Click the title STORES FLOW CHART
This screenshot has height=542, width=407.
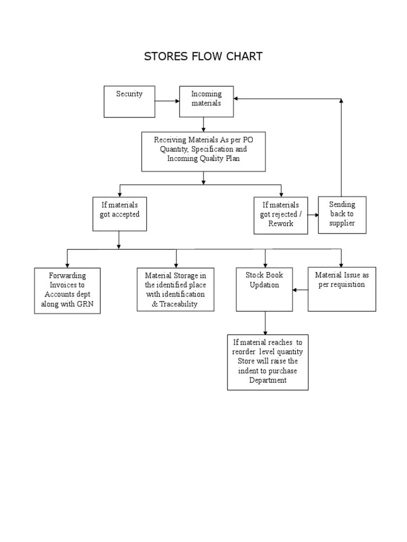[203, 57]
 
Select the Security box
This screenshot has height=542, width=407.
[129, 101]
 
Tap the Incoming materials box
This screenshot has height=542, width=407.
[206, 101]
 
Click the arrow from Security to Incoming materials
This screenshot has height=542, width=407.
[167, 101]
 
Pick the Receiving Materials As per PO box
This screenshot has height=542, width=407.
[203, 151]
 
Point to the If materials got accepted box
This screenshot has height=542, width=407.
[119, 213]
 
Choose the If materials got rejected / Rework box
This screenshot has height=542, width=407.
[280, 215]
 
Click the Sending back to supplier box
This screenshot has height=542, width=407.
[342, 214]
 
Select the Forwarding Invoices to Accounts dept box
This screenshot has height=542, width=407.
[67, 291]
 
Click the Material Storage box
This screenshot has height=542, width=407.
[175, 289]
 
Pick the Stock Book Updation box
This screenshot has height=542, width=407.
[264, 289]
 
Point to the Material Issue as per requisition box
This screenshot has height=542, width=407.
[342, 288]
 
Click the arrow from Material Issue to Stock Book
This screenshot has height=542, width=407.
[300, 290]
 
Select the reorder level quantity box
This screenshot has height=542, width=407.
[268, 362]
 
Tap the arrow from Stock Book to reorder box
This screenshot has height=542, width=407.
[265, 323]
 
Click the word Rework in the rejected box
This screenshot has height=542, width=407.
[280, 223]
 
